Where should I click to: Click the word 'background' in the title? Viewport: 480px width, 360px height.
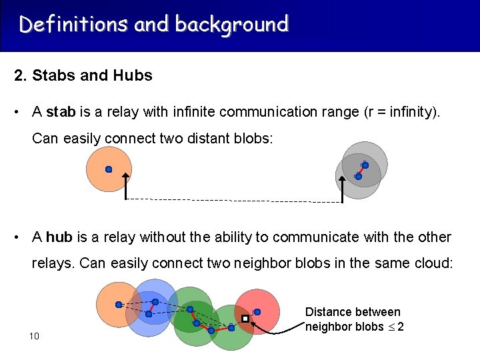pyautogui.click(x=232, y=25)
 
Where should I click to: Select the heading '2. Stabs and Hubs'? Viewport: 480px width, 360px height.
pyautogui.click(x=83, y=75)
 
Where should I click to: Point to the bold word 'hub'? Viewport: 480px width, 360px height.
pyautogui.click(x=59, y=237)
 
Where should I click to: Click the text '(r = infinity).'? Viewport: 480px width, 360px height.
pyautogui.click(x=403, y=112)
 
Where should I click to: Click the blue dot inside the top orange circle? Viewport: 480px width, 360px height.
pyautogui.click(x=109, y=169)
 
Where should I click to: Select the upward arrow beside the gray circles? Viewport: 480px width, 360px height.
pyautogui.click(x=342, y=187)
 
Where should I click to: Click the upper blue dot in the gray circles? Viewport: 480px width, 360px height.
pyautogui.click(x=365, y=165)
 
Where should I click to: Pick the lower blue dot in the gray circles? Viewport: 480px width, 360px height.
pyautogui.click(x=358, y=177)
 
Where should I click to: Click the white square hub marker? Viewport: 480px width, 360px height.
pyautogui.click(x=245, y=319)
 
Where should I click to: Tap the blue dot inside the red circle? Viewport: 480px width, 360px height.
pyautogui.click(x=257, y=311)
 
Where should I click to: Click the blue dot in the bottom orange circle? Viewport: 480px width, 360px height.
pyautogui.click(x=119, y=305)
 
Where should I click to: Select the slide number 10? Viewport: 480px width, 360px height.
pyautogui.click(x=35, y=336)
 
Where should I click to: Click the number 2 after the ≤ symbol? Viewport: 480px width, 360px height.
pyautogui.click(x=401, y=327)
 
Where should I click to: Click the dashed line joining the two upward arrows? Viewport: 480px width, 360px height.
pyautogui.click(x=233, y=200)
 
